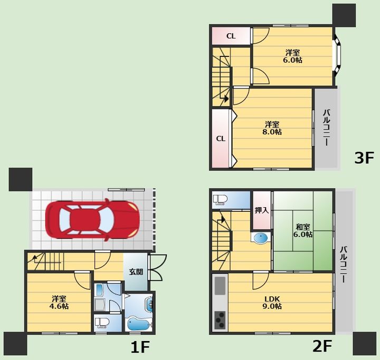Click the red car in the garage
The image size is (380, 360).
coord(92,220)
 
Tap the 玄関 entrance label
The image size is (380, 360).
coord(136,272)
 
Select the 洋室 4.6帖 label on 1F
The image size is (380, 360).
coord(59,302)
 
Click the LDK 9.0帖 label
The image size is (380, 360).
coord(272,303)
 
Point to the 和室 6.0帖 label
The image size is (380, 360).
coord(303,231)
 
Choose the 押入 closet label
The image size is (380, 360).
coord(262,210)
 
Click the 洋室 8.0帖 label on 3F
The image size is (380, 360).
coord(272,128)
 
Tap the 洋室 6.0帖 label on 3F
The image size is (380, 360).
coord(292,56)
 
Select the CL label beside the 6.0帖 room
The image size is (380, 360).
coord(231,36)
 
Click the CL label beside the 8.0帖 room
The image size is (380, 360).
coord(221,139)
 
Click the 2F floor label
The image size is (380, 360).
coord(322,346)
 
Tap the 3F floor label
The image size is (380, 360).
coord(364,158)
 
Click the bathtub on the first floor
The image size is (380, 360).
coord(138,324)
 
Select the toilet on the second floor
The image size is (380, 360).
coord(220,200)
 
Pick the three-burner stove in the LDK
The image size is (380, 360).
coord(220,320)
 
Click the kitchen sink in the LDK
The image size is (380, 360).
coord(220,286)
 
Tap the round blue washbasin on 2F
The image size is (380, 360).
coord(261,238)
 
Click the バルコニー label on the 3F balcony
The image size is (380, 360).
coord(327,128)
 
